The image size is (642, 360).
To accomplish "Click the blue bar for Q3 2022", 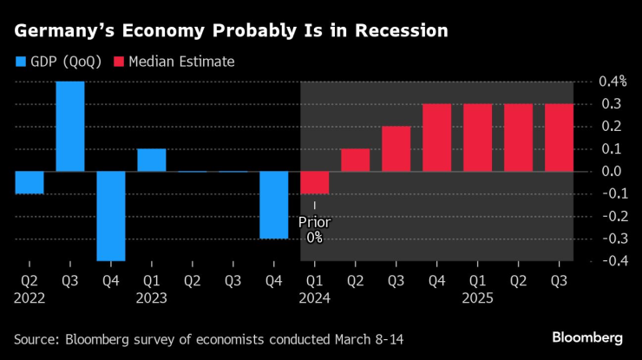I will click(x=70, y=127).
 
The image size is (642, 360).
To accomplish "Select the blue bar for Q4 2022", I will click(x=111, y=216).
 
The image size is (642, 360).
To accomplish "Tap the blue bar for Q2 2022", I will click(x=29, y=182).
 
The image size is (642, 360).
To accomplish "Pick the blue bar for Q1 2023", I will click(x=151, y=160).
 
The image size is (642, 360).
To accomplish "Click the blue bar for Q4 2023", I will click(x=273, y=205).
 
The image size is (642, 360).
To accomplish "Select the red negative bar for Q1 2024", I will click(x=314, y=182).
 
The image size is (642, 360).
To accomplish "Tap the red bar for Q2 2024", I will click(x=355, y=160).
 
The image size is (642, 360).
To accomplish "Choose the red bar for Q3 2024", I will click(x=396, y=149).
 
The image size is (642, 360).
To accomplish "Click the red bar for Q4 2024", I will click(x=436, y=138).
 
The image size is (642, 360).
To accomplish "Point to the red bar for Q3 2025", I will click(x=559, y=138).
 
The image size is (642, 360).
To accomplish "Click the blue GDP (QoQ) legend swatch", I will click(x=21, y=62).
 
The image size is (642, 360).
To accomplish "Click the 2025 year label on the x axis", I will click(x=477, y=298).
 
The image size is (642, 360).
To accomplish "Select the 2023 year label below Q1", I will click(x=151, y=298).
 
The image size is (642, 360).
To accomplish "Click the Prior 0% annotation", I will click(x=314, y=229).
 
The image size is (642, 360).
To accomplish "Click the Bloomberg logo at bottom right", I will click(x=588, y=337).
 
